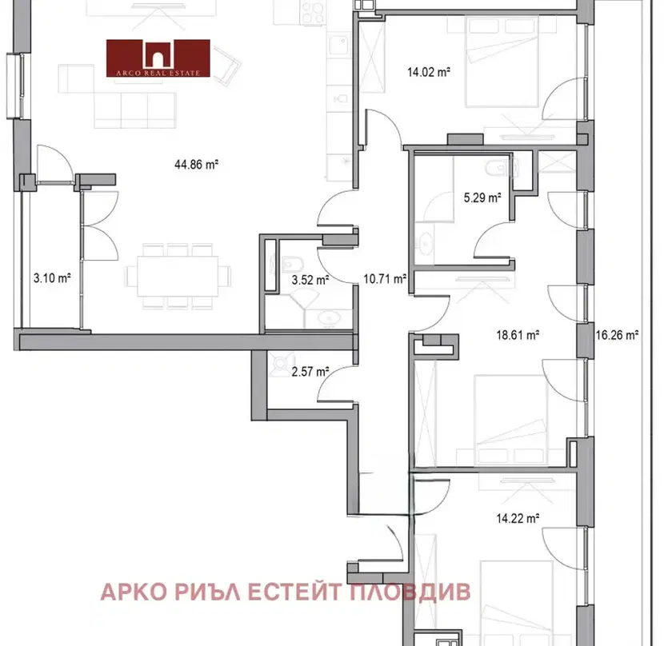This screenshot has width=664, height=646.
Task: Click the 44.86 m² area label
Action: (197, 164)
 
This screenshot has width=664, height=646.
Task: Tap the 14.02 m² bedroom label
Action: (429, 72)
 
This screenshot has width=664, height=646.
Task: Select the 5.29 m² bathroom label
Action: (482, 197)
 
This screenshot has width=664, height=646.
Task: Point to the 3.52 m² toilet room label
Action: (310, 280)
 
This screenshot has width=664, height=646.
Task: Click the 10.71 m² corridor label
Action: (385, 278)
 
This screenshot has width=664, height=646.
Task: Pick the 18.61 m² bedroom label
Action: (518, 335)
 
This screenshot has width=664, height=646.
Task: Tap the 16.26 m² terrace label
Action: (617, 335)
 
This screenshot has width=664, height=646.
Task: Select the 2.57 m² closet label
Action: (310, 372)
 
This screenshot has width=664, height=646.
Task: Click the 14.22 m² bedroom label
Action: (518, 518)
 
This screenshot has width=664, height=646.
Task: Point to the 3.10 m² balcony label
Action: (52, 278)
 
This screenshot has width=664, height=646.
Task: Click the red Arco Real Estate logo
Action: (158, 58)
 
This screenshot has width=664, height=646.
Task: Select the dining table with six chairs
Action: (178, 276)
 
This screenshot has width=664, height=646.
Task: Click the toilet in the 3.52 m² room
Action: (292, 265)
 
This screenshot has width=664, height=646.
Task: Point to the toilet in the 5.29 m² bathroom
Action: (500, 169)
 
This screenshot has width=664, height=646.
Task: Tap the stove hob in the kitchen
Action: (314, 12)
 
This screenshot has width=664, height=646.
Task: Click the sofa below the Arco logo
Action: (135, 110)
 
